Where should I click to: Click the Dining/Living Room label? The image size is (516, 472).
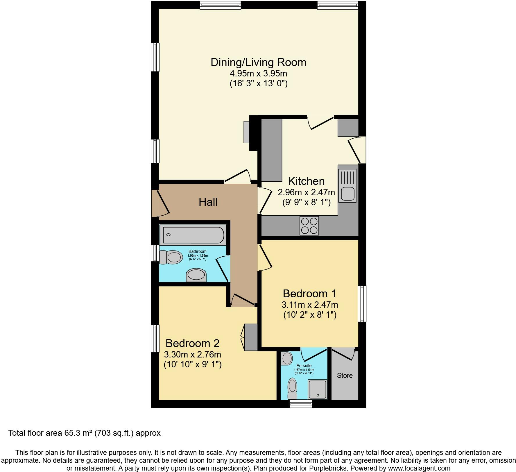pos(258,62)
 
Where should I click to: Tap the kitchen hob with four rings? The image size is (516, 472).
pos(309,226)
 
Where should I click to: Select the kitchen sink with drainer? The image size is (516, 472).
pos(347,186)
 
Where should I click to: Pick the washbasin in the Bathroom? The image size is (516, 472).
pos(196,275)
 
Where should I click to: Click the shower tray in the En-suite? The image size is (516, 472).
pos(317,389)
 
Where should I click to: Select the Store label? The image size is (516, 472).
pos(345,376)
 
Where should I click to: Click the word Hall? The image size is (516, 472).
pos(208,202)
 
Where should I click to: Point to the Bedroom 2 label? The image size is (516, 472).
pos(192,343)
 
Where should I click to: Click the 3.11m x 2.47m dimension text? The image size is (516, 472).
pos(310,305)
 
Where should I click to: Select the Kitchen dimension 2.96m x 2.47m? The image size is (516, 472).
pos(306,192)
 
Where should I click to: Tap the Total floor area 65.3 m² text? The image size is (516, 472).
pos(84,433)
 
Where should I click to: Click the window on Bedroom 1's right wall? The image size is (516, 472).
pos(362,303)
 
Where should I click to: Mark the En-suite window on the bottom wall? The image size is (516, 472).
pos(301,404)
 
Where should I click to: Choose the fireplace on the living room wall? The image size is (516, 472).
pos(247,132)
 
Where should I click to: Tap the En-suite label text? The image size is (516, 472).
pos(304,366)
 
